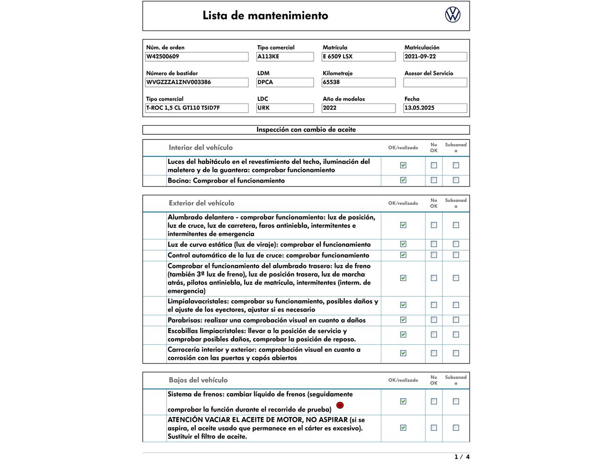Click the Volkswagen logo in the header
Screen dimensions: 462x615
click(453, 15)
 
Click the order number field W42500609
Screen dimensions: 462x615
click(197, 56)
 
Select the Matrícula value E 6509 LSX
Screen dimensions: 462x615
click(358, 56)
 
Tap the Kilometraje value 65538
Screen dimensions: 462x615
click(358, 82)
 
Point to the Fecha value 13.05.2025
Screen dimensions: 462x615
click(435, 108)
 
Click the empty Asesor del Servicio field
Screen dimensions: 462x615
click(435, 82)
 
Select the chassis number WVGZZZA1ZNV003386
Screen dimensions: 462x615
click(197, 82)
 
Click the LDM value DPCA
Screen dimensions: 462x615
click(285, 82)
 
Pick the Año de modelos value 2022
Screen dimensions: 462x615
click(358, 108)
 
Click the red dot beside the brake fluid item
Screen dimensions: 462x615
click(340, 405)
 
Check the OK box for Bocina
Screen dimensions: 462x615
click(403, 180)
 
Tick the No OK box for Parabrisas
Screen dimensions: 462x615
click(434, 320)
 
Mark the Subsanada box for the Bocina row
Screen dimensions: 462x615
click(456, 180)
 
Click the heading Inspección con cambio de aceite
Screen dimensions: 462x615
click(306, 130)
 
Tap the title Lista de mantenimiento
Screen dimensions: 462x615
click(265, 15)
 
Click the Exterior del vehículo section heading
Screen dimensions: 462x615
click(202, 203)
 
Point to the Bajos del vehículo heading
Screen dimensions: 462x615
click(198, 380)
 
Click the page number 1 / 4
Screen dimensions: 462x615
click(462, 457)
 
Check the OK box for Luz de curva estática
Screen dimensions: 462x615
click(403, 244)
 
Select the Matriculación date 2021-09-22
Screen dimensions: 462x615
click(435, 56)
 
